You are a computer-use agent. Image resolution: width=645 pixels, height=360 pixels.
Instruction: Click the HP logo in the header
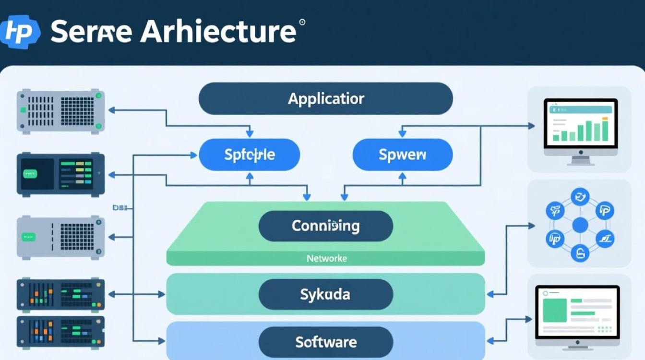(x=20, y=31)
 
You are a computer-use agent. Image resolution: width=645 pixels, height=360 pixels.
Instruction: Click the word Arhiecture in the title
(x=218, y=32)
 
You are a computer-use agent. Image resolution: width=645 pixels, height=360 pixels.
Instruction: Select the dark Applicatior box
(x=326, y=99)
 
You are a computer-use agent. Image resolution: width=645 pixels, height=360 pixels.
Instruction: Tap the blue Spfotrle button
(x=249, y=155)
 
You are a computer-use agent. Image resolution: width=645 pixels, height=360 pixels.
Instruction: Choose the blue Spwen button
(x=402, y=155)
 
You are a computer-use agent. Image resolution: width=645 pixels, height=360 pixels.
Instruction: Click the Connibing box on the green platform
(x=325, y=226)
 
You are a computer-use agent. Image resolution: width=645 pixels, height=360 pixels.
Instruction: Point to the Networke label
(x=326, y=258)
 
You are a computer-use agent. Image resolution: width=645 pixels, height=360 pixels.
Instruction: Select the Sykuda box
(x=325, y=294)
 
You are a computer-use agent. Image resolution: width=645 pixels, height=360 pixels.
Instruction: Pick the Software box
(x=325, y=342)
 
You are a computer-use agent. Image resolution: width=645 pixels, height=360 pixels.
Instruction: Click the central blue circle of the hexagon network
(x=580, y=224)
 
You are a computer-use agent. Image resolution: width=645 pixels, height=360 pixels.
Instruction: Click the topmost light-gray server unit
(x=60, y=110)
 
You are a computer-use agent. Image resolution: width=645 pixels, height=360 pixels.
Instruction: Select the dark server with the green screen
(x=60, y=174)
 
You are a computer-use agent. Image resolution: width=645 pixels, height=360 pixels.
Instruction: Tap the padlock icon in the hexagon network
(x=580, y=253)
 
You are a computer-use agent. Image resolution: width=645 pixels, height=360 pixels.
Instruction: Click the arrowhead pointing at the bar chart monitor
(x=531, y=126)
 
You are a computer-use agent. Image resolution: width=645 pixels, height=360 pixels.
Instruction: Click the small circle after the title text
(x=302, y=22)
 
